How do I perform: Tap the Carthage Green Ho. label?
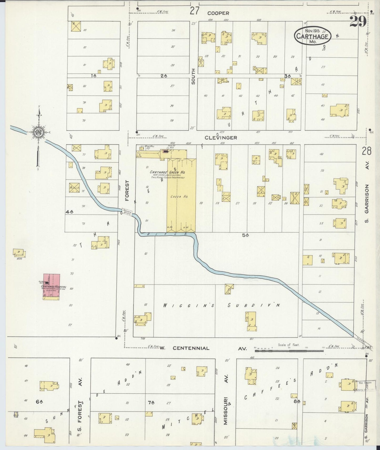167,172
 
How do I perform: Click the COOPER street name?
218,13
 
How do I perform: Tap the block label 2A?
164,76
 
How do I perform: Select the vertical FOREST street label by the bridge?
127,191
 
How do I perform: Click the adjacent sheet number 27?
195,11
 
